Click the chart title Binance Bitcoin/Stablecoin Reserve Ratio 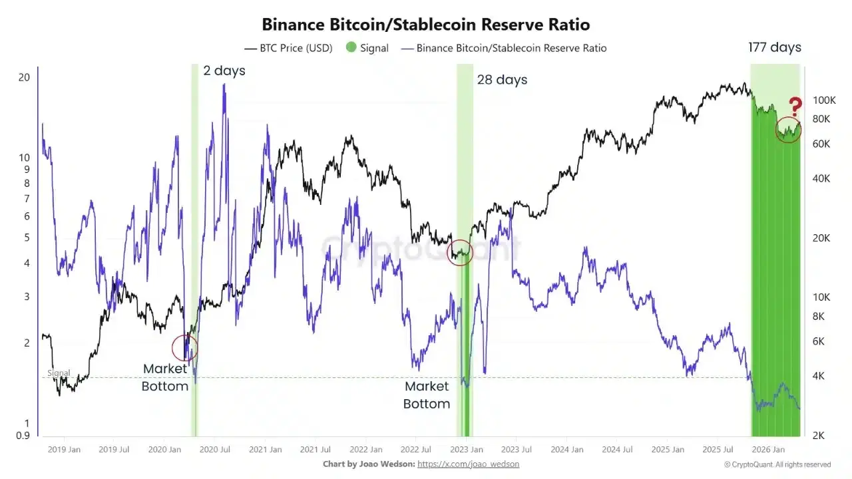pyautogui.click(x=425, y=25)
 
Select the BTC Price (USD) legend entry pyautogui.click(x=288, y=48)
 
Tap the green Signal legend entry pyautogui.click(x=367, y=48)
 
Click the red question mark pyautogui.click(x=795, y=106)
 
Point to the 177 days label pyautogui.click(x=775, y=47)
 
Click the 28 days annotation pyautogui.click(x=502, y=80)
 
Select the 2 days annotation pyautogui.click(x=224, y=71)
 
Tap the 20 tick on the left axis pyautogui.click(x=24, y=77)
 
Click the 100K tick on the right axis pyautogui.click(x=823, y=100)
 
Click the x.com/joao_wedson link pyautogui.click(x=468, y=464)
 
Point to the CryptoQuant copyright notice pyautogui.click(x=777, y=464)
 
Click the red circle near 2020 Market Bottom pyautogui.click(x=184, y=347)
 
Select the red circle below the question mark pyautogui.click(x=788, y=130)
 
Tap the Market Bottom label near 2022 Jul pyautogui.click(x=427, y=395)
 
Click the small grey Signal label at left pyautogui.click(x=59, y=373)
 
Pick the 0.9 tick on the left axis pyautogui.click(x=23, y=436)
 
